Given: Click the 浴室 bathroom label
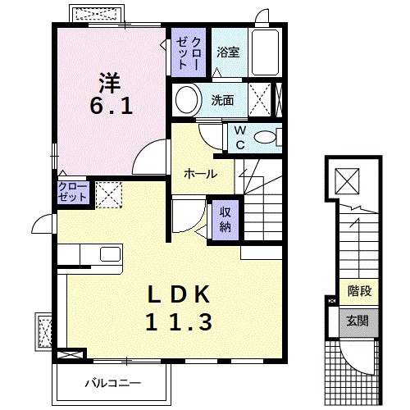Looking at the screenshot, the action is [x=228, y=52].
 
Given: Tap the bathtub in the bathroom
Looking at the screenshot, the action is [x=265, y=52].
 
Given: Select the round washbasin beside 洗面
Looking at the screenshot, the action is [x=186, y=99].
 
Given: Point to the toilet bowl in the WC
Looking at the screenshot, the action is [x=265, y=137].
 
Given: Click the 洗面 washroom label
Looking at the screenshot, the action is [x=222, y=100].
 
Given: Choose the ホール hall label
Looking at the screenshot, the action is [x=200, y=174].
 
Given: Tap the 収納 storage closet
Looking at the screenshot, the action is [x=225, y=220].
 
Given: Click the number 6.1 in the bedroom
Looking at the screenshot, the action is [x=112, y=107].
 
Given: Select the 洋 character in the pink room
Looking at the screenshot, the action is [x=110, y=83].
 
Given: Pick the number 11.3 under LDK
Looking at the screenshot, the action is [x=179, y=322].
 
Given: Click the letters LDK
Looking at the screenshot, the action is [x=179, y=294].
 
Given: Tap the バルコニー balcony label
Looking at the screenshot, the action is [x=113, y=383].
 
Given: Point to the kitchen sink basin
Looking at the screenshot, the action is [x=111, y=254].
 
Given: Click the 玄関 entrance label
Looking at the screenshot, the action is [x=358, y=321].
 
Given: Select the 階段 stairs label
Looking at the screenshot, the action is [x=359, y=291].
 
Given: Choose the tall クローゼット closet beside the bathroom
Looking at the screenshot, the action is [x=189, y=52].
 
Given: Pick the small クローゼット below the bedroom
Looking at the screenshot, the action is [x=73, y=193].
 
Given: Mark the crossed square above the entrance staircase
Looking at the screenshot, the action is [x=347, y=181].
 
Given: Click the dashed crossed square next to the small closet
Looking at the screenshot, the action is [x=109, y=195].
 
